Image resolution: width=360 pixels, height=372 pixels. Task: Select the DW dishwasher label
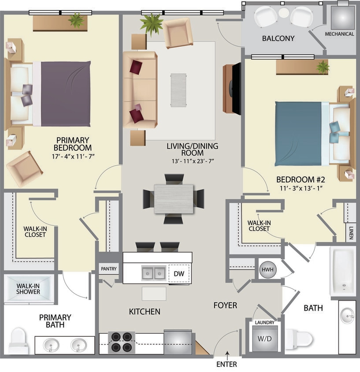click(178, 274)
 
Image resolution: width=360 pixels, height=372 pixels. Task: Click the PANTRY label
click(108, 268)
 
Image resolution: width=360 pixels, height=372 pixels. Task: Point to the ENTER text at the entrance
click(227, 365)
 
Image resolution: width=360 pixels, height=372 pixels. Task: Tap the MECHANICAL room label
click(339, 34)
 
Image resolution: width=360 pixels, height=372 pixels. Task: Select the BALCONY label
click(278, 38)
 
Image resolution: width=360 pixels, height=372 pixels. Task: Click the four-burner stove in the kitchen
click(121, 342)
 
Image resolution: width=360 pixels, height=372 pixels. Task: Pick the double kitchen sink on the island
click(153, 273)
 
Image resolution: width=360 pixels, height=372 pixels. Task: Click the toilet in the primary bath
click(18, 340)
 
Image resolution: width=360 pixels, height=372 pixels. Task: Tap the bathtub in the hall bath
click(343, 271)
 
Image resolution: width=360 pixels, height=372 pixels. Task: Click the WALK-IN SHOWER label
click(28, 289)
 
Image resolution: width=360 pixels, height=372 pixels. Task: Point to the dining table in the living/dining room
click(174, 199)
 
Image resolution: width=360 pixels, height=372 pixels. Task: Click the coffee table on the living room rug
click(179, 89)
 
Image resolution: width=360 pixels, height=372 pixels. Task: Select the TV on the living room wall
click(237, 89)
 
